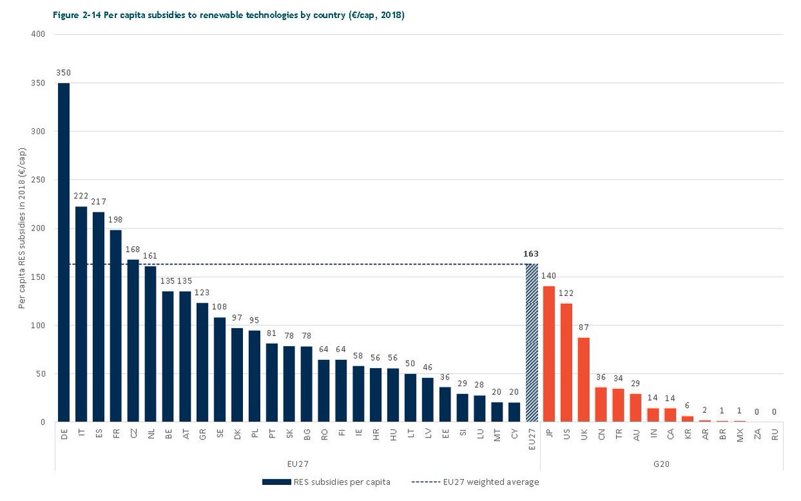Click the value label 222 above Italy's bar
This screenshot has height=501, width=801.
click(81, 196)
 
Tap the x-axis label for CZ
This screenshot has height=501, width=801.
click(133, 435)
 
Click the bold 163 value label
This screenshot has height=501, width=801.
click(531, 254)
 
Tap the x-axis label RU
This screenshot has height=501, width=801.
click(774, 435)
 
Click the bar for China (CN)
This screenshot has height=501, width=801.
click(601, 405)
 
